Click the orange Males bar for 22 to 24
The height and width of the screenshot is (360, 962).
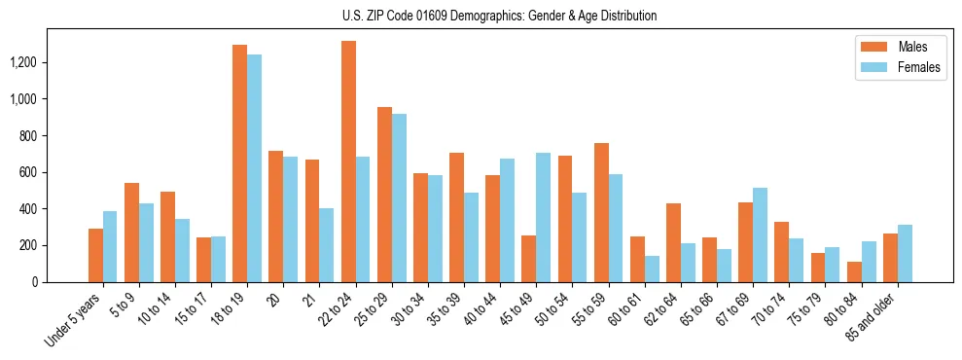coord(348,162)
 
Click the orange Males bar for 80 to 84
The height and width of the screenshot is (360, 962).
coord(854,271)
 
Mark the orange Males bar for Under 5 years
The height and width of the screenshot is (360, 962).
coord(95,255)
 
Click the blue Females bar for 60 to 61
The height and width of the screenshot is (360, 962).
coord(652,269)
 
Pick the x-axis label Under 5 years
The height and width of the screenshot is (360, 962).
coord(74,317)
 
